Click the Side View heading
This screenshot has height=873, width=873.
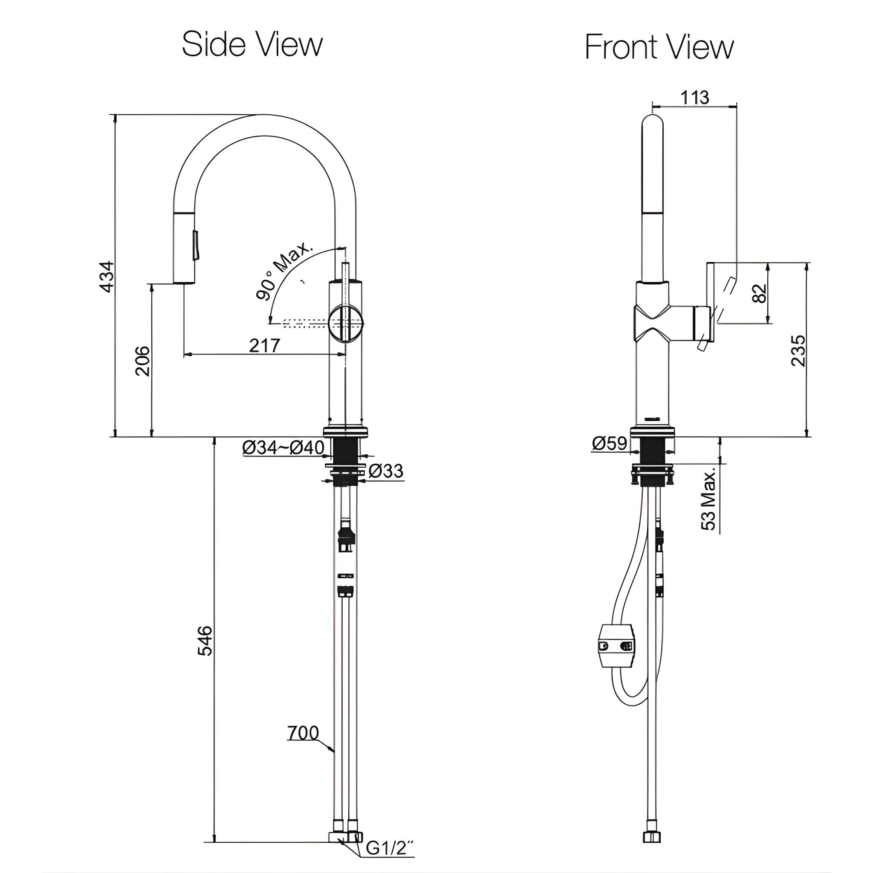[x=252, y=44]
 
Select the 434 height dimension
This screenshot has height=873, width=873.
[x=107, y=277]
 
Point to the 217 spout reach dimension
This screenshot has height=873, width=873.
[x=264, y=346]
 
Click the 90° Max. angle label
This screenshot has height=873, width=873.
[x=284, y=271]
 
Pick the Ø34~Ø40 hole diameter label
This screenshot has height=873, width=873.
[x=283, y=447]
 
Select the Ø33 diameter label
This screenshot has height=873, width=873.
[x=385, y=471]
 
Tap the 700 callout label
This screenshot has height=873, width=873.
[x=303, y=733]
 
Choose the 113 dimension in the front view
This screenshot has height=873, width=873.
[x=694, y=97]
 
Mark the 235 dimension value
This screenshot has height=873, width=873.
[x=798, y=350]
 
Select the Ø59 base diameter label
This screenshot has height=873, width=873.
[x=609, y=443]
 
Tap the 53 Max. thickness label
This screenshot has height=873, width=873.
[x=708, y=499]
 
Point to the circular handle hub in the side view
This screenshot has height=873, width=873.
[x=346, y=323]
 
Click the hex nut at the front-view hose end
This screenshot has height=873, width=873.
[x=652, y=849]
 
